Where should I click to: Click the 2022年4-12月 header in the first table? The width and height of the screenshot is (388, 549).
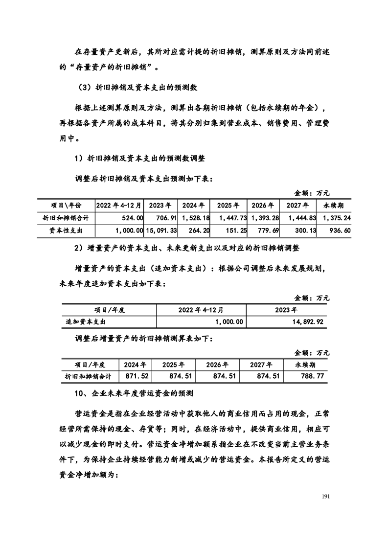119,205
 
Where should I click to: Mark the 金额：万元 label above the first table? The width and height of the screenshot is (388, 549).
312,193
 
